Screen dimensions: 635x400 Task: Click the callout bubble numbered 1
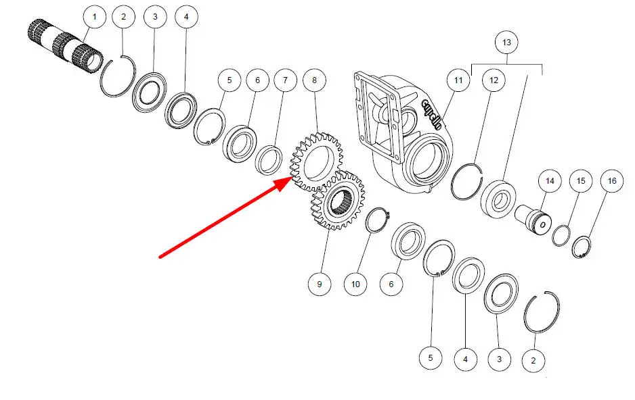pyautogui.click(x=94, y=16)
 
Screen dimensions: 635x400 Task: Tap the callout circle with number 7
pyautogui.click(x=285, y=81)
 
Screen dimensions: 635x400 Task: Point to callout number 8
pyautogui.click(x=314, y=81)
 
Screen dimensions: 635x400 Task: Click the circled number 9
pyautogui.click(x=320, y=284)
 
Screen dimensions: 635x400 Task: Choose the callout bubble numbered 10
pyautogui.click(x=355, y=284)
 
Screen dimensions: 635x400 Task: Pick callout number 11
pyautogui.click(x=458, y=81)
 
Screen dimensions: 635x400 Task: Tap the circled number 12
pyautogui.click(x=494, y=81)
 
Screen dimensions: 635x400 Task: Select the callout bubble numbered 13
pyautogui.click(x=507, y=43)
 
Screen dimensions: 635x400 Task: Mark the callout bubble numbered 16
pyautogui.click(x=611, y=181)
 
